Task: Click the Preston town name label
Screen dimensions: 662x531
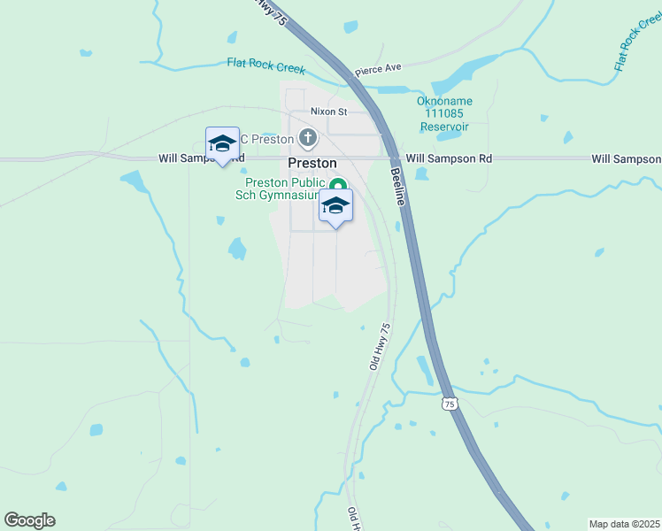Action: tap(312, 164)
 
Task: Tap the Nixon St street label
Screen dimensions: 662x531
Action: tap(328, 112)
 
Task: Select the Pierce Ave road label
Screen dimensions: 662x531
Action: tap(378, 69)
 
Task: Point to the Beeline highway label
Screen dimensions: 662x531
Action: tap(398, 188)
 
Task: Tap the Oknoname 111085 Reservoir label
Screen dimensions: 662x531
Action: tap(444, 114)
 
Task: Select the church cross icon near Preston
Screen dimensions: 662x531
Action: tap(307, 137)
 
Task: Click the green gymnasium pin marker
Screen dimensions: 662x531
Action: tap(337, 186)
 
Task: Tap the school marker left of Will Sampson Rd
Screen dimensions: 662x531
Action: tap(221, 144)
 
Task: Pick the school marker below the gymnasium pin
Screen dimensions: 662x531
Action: tap(335, 207)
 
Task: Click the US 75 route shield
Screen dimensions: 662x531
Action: tap(450, 404)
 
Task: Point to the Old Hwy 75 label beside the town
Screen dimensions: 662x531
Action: tap(379, 346)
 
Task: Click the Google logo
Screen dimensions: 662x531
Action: tap(29, 520)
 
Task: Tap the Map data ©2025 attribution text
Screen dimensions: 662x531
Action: tap(624, 524)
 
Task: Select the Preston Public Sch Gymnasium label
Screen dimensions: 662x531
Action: tap(285, 189)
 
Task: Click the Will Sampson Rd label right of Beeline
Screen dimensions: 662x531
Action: tap(455, 158)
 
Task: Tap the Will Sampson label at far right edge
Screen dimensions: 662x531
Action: tap(626, 158)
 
